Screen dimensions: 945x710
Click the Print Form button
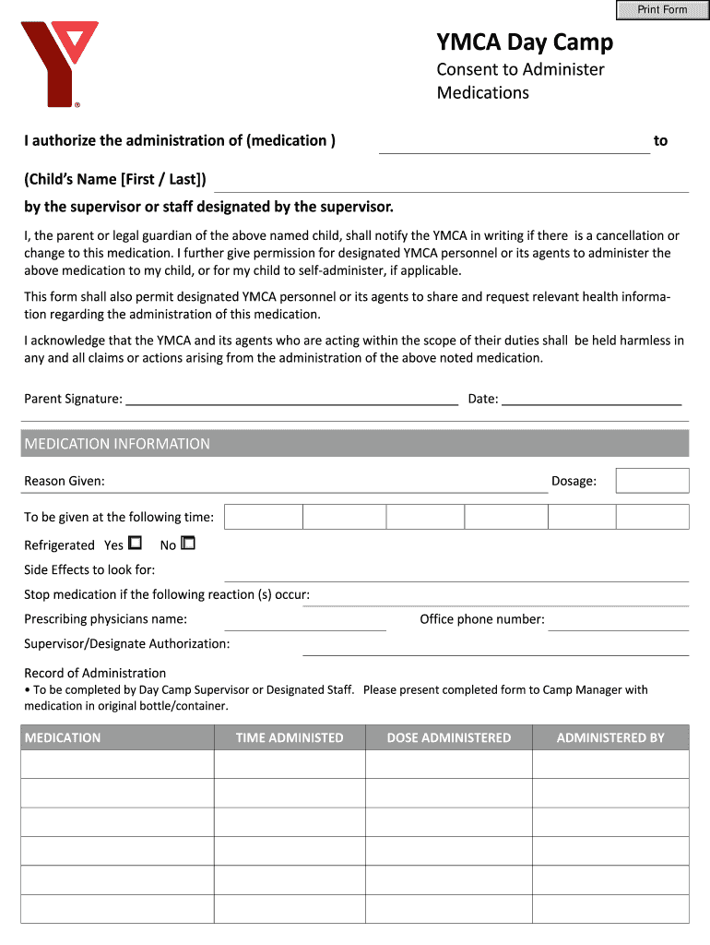pyautogui.click(x=662, y=10)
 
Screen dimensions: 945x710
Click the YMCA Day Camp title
pyautogui.click(x=524, y=42)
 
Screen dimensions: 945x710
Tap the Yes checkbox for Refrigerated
pyautogui.click(x=135, y=544)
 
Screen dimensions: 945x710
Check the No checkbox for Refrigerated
pyautogui.click(x=188, y=544)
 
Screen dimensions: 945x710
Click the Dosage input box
pyautogui.click(x=652, y=481)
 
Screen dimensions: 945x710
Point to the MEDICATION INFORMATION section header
pyautogui.click(x=117, y=444)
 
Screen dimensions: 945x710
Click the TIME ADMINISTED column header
pyautogui.click(x=290, y=737)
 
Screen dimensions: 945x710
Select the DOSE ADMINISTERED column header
pyautogui.click(x=448, y=737)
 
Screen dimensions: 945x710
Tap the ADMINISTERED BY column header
pyautogui.click(x=610, y=737)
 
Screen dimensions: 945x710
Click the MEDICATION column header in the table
pyautogui.click(x=63, y=737)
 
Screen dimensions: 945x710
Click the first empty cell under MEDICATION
pyautogui.click(x=117, y=764)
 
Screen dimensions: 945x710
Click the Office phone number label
pyautogui.click(x=482, y=619)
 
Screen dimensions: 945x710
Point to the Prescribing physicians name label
pyautogui.click(x=105, y=619)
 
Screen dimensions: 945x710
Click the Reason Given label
pyautogui.click(x=65, y=481)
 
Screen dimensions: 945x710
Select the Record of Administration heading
pyautogui.click(x=95, y=673)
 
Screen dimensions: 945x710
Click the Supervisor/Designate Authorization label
pyautogui.click(x=127, y=643)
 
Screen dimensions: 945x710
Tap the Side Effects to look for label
pyautogui.click(x=89, y=569)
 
